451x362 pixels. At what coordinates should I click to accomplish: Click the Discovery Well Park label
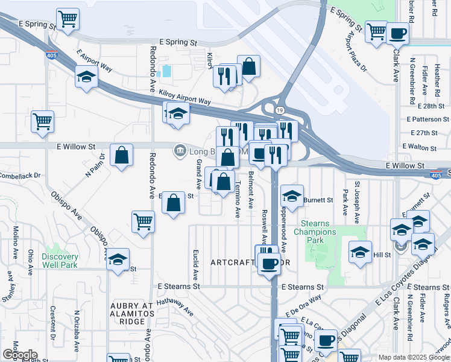[60, 261]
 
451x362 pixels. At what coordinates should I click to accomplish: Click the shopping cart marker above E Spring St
[68, 18]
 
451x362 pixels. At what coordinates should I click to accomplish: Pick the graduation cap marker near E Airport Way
[87, 77]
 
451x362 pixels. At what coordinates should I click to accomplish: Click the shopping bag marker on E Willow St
[121, 155]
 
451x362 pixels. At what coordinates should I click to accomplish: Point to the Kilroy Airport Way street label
[184, 98]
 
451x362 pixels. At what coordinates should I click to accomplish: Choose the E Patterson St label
[425, 119]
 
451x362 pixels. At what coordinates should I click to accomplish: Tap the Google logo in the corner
[19, 355]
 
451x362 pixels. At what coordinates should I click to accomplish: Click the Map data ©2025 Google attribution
[414, 357]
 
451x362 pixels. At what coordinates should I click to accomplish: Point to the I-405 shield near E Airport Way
[49, 55]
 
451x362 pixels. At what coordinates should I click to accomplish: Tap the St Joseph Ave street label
[357, 197]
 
